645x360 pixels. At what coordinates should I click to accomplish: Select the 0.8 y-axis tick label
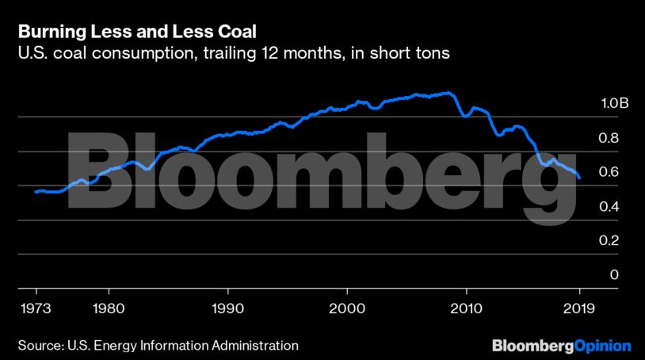click(x=587, y=138)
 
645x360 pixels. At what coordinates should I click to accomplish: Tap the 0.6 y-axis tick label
click(x=587, y=172)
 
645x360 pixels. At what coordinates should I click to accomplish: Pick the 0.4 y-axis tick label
click(x=587, y=207)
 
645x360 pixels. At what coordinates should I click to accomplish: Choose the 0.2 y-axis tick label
click(x=587, y=241)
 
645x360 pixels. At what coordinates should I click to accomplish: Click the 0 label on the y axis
click(x=590, y=275)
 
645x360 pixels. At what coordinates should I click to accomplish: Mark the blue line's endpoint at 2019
click(x=580, y=178)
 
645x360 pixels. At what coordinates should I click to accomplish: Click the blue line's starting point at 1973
click(x=36, y=192)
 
